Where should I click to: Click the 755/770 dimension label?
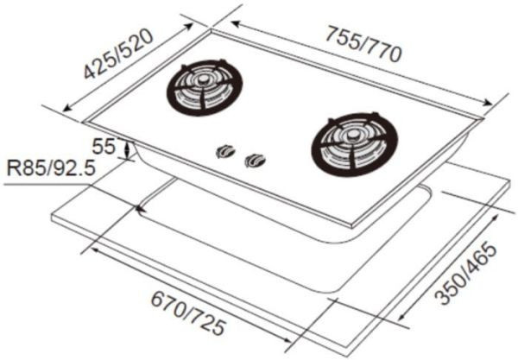tap(363, 44)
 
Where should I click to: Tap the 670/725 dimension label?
tap(187, 317)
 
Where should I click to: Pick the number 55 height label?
tap(104, 146)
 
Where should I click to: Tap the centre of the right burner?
tap(355, 138)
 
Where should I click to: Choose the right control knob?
tap(256, 159)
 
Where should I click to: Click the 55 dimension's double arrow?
tap(129, 148)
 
